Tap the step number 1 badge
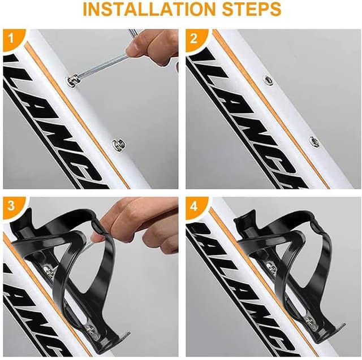10,40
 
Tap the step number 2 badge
193,40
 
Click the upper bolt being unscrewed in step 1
72,80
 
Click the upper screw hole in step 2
268,80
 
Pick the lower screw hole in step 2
314,142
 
